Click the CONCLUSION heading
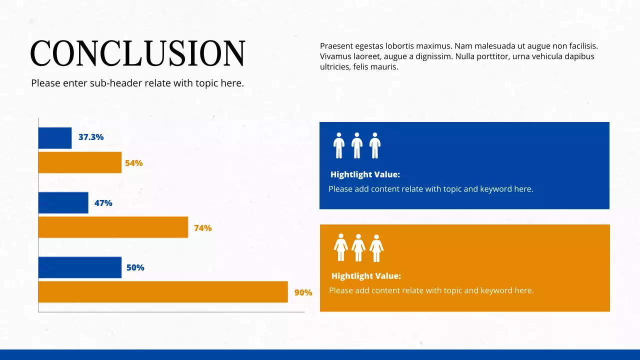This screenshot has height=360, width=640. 137,53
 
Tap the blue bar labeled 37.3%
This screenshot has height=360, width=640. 55,138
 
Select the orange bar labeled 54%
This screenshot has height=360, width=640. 80,162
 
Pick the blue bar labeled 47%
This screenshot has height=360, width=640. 63,203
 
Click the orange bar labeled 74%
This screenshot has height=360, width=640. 113,227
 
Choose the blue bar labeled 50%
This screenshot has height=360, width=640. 80,267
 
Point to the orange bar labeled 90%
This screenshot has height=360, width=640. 163,292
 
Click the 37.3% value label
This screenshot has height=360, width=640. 91,137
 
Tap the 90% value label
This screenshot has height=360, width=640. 303,292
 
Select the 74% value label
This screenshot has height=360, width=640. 203,228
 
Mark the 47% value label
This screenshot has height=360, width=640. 103,203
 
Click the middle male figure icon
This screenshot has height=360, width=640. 357,145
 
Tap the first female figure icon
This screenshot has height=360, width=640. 341,247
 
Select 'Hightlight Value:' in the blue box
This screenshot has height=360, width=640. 365,174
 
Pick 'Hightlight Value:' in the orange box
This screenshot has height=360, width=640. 366,276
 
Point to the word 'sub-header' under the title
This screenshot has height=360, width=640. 116,83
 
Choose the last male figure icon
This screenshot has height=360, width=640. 375,145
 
